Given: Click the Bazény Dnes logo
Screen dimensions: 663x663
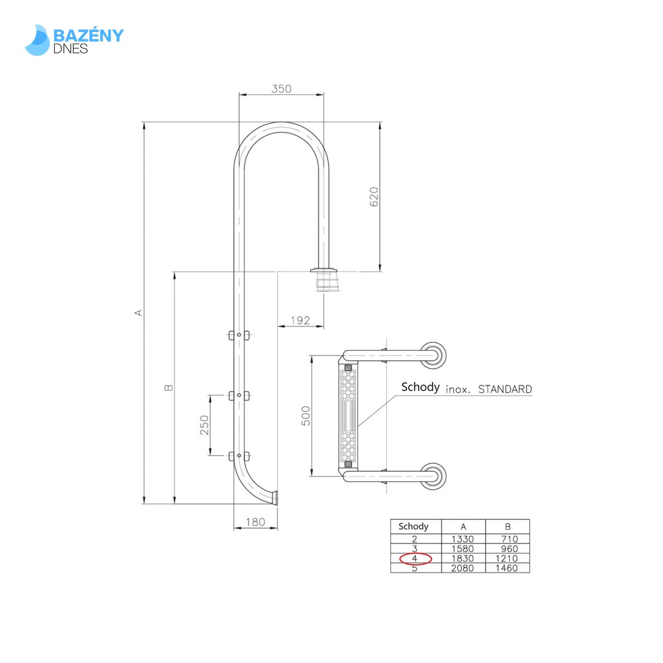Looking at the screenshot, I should (x=74, y=41).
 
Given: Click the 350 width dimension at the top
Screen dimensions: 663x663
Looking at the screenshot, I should (x=281, y=89).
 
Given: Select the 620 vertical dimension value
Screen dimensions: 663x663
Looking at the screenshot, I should (x=374, y=196).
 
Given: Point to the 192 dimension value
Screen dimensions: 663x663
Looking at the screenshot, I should (x=300, y=320).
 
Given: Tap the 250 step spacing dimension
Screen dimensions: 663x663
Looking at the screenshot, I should (x=204, y=425).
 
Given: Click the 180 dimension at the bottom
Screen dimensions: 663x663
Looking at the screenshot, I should (x=255, y=522).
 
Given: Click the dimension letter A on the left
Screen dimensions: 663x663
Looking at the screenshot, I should (x=139, y=312).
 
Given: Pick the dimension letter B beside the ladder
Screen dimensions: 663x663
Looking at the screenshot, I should (x=169, y=387).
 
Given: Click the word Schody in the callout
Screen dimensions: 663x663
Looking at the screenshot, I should (x=420, y=387).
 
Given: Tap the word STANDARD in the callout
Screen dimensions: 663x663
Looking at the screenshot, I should (x=505, y=389).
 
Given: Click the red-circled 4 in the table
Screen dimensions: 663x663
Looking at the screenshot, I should (x=416, y=559).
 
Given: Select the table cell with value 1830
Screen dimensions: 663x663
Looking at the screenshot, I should (x=463, y=559).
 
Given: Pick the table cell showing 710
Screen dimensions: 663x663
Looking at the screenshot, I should (x=507, y=539).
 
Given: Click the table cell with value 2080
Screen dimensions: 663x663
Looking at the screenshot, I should (x=463, y=568).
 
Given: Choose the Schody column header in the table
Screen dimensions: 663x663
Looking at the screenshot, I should (x=413, y=527).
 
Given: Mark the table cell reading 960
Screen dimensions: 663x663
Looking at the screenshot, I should (x=507, y=549).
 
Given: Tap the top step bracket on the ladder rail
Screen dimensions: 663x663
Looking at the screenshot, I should (x=239, y=335).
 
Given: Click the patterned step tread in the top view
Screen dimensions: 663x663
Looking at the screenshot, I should (x=348, y=416).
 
